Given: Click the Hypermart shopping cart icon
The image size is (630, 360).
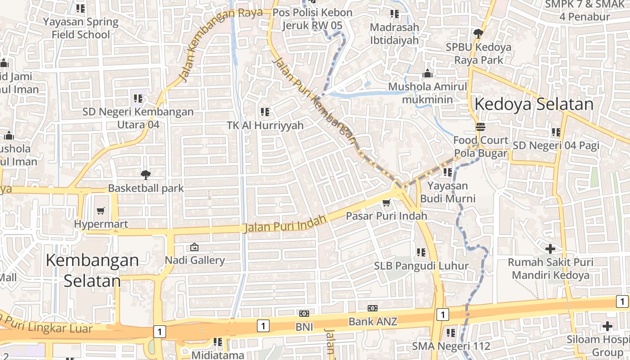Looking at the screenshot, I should click(101, 211).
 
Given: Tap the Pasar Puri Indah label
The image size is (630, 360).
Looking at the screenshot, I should click(386, 216).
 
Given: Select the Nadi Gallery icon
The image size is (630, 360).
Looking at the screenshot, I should click(194, 247).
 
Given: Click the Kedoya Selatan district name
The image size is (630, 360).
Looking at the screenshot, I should click(534, 104).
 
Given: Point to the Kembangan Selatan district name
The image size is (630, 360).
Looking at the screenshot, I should click(92, 270).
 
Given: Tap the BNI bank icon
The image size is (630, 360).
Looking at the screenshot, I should click(304, 313).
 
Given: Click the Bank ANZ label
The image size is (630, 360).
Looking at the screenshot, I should click(373, 321).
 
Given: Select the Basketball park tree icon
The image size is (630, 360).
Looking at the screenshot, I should click(145, 175).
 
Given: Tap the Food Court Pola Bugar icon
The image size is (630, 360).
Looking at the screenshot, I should click(481, 127).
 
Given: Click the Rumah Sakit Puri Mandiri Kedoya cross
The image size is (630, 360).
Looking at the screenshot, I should click(550, 248).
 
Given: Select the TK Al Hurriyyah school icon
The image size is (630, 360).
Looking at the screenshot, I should click(265, 112).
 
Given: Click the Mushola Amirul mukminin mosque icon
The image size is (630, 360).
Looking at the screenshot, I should click(427, 73).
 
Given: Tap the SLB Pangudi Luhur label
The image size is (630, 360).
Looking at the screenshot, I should click(421, 266).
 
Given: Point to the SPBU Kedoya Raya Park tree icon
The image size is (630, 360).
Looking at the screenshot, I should click(478, 33).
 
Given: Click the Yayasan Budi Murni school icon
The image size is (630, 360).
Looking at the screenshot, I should click(447, 172).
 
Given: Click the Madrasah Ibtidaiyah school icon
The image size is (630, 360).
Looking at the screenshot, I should click(394, 14).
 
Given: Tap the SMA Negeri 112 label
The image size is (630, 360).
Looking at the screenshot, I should click(451, 346).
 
